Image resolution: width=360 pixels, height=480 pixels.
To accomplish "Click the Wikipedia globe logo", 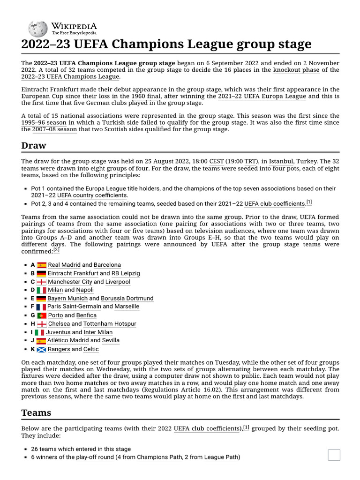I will coord(37,29).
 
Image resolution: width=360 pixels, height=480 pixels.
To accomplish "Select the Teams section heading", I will coord(36,413).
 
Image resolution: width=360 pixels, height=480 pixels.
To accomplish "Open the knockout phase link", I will coord(296,70).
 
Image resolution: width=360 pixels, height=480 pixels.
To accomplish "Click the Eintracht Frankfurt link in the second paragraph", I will coord(50,89).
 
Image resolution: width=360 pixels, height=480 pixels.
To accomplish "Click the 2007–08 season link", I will coord(54,129).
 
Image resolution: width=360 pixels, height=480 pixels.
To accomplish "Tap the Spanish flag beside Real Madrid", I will coord(42,265).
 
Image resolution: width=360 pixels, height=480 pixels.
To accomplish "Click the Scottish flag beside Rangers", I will coord(42,349).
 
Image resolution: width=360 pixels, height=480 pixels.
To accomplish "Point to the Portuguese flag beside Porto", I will coord(42,315).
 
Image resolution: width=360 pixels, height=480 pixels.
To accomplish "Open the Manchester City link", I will coord(70,282).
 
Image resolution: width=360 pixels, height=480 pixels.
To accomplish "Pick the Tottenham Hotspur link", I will coord(110,324).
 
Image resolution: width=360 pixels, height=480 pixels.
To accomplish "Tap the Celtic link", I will coord(91,349).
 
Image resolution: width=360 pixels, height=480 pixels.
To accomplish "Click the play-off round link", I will coord(95,457).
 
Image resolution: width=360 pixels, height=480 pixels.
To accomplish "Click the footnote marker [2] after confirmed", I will coord(56,250).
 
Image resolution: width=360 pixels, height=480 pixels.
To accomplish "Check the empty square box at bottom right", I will coord(334,455).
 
